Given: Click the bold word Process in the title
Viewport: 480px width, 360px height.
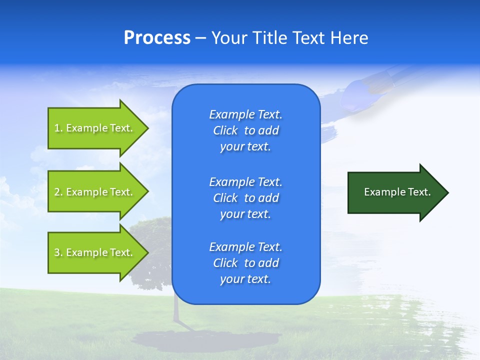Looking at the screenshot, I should [157, 38].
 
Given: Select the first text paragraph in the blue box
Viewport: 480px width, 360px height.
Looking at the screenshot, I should [245, 130].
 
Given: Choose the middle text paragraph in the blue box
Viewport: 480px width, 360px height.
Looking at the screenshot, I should [245, 198].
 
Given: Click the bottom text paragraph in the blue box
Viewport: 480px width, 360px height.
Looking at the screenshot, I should [245, 263].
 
